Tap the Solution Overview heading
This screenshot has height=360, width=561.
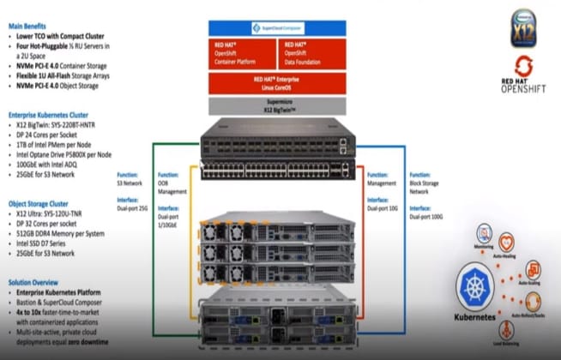pos(35,281)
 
